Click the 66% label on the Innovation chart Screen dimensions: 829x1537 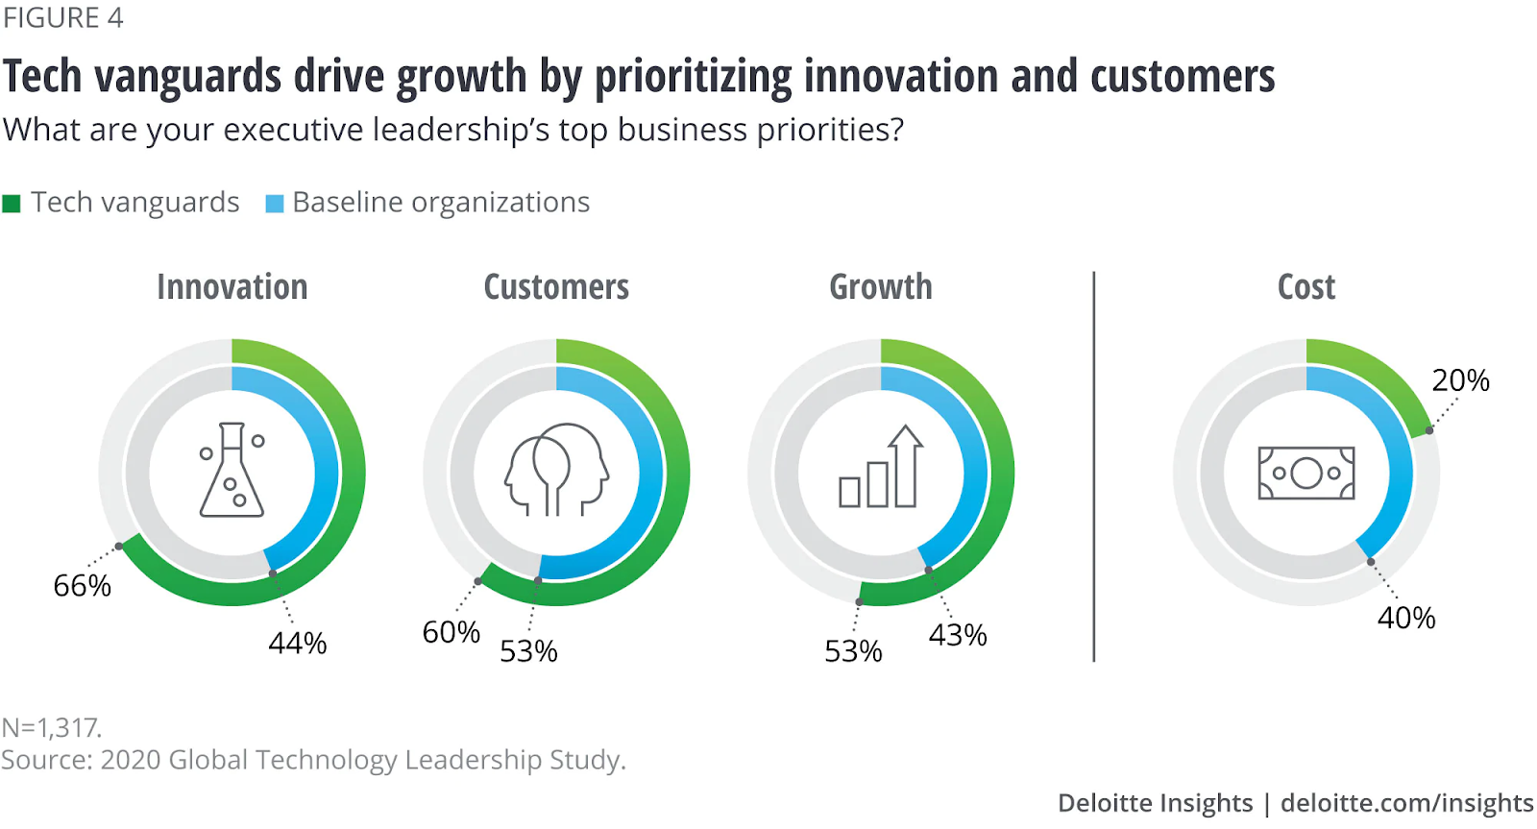pos(83,585)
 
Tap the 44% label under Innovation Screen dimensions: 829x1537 pos(298,643)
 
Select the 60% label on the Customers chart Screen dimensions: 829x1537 pos(451,632)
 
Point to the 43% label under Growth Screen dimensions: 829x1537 pos(958,635)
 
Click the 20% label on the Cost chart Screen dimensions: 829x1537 pos(1460,380)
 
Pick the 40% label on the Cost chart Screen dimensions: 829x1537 pos(1406,618)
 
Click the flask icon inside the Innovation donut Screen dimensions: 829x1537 pos(232,471)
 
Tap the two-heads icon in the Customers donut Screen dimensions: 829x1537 pos(556,470)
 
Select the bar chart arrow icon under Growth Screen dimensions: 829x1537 pos(881,468)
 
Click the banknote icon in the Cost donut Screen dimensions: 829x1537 pos(1306,473)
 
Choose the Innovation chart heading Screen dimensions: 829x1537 pos(232,287)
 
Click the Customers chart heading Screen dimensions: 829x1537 pos(556,287)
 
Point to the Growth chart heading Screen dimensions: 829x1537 pos(881,287)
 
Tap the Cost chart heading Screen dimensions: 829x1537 pos(1306,287)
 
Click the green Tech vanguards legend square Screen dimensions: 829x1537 pos(12,204)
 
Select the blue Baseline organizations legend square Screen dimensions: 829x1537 pos(275,204)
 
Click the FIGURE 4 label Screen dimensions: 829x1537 pos(63,18)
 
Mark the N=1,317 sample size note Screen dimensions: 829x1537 pos(52,727)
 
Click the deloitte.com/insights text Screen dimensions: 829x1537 pos(1406,803)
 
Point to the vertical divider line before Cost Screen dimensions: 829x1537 pos(1094,467)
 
